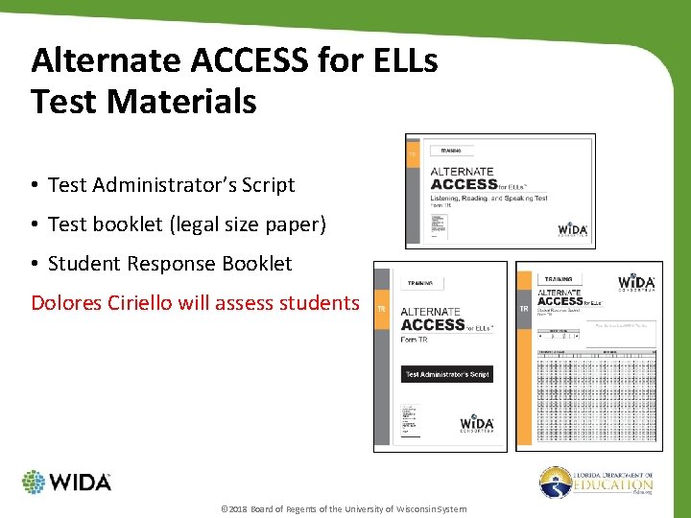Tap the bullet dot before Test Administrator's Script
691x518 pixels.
click(35, 186)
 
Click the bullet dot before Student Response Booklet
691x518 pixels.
click(35, 264)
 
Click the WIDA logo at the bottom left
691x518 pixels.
click(66, 482)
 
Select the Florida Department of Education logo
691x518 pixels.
click(596, 482)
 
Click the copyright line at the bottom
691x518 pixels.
click(344, 508)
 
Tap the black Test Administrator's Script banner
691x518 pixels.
click(447, 374)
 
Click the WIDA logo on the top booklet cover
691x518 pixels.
click(573, 230)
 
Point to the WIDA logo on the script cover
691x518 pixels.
click(476, 424)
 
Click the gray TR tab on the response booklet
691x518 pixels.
click(524, 309)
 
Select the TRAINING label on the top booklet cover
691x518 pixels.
click(451, 151)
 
